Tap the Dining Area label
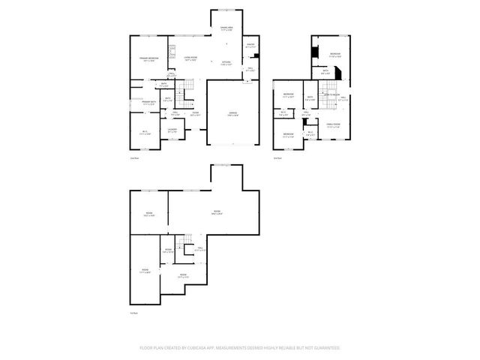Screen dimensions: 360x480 point(226,28)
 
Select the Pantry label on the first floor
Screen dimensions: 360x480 point(251,46)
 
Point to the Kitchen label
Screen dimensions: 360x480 point(226,63)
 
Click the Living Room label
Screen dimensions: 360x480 point(191,58)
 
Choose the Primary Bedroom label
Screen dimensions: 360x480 point(148,58)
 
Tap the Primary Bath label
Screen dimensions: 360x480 point(148,101)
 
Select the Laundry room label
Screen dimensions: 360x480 point(172,130)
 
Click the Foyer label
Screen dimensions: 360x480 point(194,113)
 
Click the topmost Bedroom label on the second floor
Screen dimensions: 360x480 point(335,55)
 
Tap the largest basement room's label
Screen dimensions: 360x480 point(217,212)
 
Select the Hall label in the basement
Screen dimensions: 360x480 point(201,249)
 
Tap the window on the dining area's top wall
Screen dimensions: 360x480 point(226,10)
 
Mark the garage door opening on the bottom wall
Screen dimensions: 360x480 point(233,143)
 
